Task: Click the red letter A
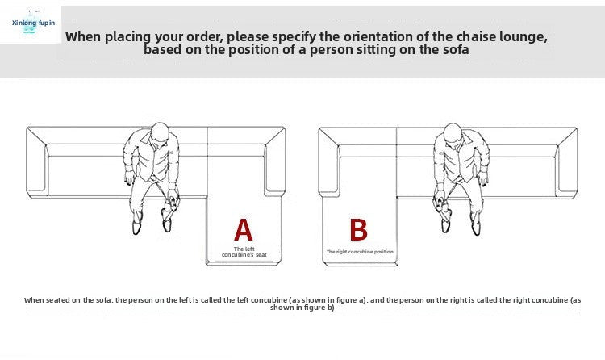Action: click(x=244, y=230)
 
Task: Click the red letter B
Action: click(x=358, y=230)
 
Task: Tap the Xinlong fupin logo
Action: click(x=33, y=23)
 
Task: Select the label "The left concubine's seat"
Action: click(x=244, y=252)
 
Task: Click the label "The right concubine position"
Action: click(x=360, y=252)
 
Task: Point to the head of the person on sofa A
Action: click(x=160, y=132)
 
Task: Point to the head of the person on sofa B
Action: click(x=453, y=133)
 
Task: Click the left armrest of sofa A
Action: click(x=36, y=162)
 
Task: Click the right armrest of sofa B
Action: click(x=568, y=162)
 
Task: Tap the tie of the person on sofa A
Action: click(x=155, y=162)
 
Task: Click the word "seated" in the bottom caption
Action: click(x=56, y=300)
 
